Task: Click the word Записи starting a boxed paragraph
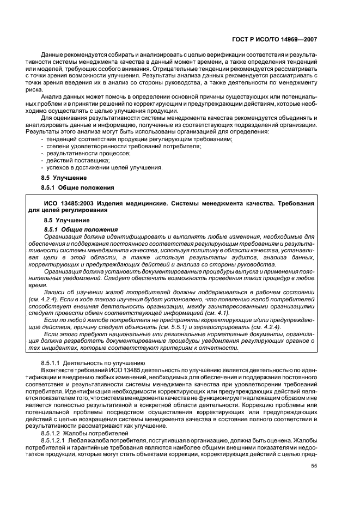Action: coord(56,293)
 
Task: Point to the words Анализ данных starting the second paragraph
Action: coord(64,95)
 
